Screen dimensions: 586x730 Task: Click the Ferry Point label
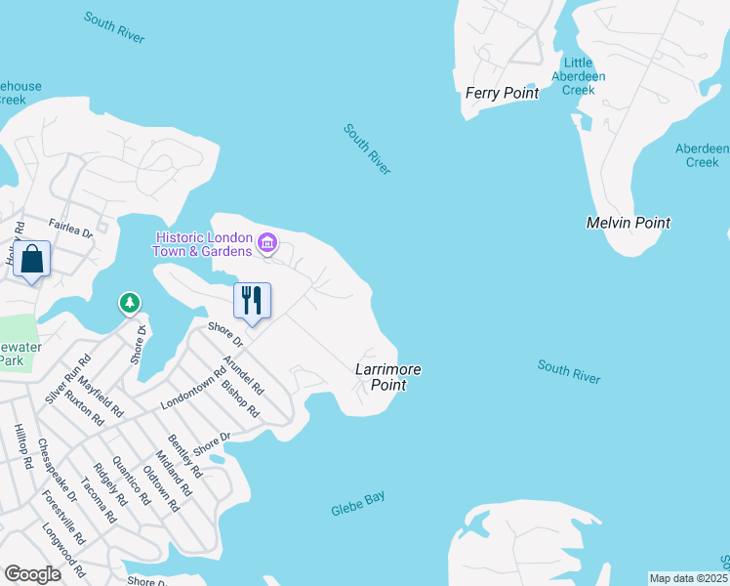pos(503,94)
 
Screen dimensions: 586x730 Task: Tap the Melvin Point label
pos(628,223)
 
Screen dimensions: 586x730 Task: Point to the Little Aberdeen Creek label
pos(579,75)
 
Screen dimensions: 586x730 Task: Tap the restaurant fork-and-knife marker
pos(253,299)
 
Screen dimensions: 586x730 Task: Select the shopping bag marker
pos(32,260)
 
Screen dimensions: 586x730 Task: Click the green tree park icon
pos(130,304)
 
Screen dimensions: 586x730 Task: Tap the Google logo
pos(33,574)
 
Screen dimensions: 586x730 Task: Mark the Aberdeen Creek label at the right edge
pos(703,155)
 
